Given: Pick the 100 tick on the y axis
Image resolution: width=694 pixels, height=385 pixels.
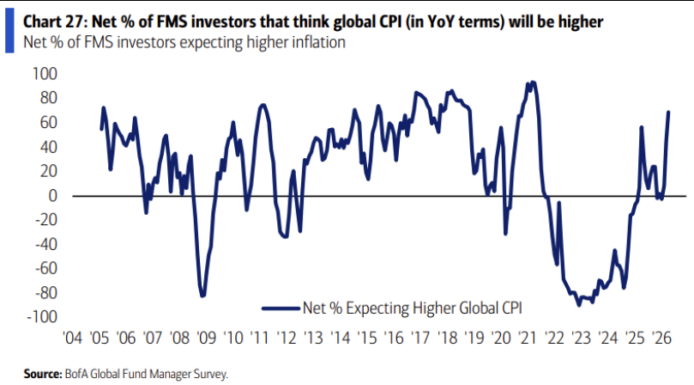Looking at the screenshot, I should pyautogui.click(x=45, y=74).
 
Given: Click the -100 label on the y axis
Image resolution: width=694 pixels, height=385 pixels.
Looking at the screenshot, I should pyautogui.click(x=41, y=317).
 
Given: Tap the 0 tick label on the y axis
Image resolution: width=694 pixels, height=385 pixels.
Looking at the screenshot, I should pyautogui.click(x=52, y=196).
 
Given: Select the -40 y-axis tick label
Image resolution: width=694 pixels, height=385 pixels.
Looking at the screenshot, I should pyautogui.click(x=44, y=244).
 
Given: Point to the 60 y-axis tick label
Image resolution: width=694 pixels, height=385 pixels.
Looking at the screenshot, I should pyautogui.click(x=47, y=123).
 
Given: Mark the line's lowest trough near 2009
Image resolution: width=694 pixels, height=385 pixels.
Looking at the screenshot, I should pyautogui.click(x=202, y=296).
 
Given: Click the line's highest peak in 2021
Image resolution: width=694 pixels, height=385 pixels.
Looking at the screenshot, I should pyautogui.click(x=533, y=82).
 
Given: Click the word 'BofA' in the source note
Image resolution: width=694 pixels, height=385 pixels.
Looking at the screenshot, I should pyautogui.click(x=75, y=374).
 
